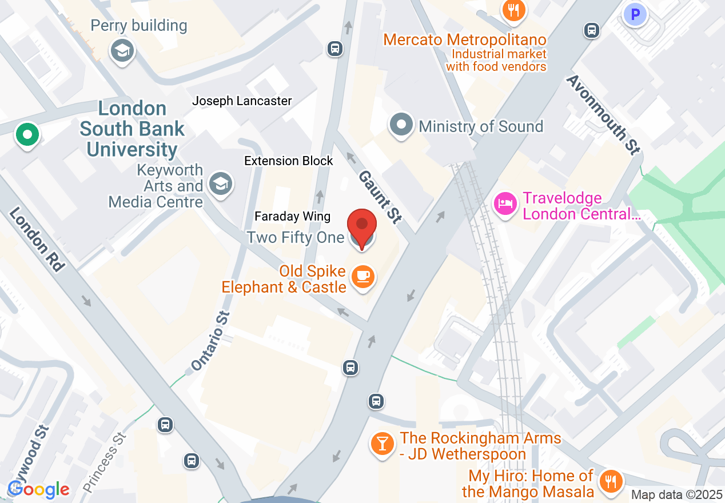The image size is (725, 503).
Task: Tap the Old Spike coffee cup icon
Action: [362, 277]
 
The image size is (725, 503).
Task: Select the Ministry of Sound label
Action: [480, 126]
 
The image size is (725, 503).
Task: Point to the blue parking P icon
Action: [635, 14]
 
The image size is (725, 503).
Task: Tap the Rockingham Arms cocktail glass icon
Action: [382, 443]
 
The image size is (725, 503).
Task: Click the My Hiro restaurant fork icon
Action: [611, 481]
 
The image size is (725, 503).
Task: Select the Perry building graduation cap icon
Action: [122, 50]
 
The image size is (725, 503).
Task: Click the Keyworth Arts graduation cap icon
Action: [220, 184]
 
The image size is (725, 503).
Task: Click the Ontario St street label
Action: [210, 341]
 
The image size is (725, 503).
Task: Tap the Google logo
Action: [38, 489]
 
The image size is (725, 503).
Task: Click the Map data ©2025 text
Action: [676, 494]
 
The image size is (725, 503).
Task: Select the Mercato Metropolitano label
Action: [465, 40]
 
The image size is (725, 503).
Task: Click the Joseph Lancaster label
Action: [242, 101]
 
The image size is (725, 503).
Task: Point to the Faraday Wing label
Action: [292, 216]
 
